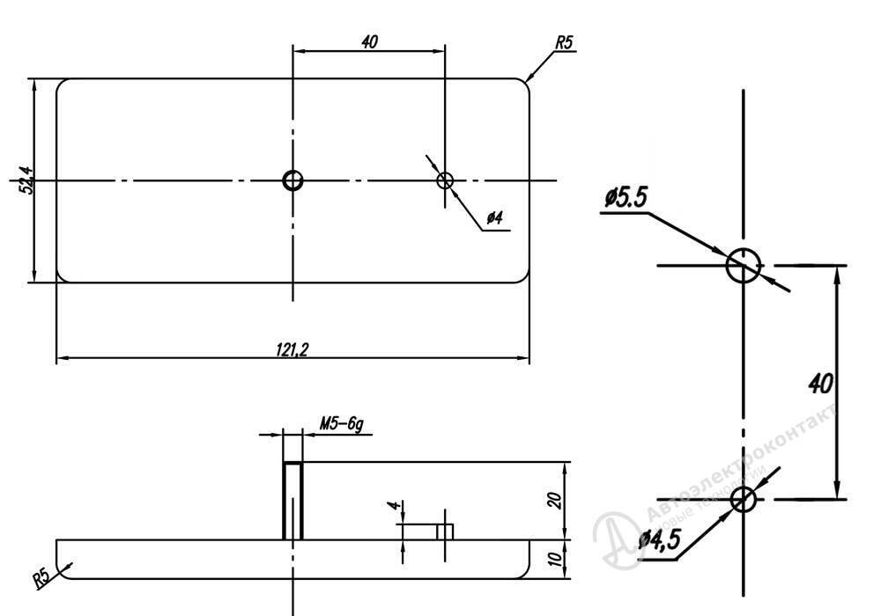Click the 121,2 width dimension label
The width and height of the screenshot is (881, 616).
[x=292, y=349]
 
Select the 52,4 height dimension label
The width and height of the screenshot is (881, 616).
[x=26, y=181]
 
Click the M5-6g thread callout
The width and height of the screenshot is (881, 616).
[x=341, y=424]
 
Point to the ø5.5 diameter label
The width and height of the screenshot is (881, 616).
[x=626, y=198]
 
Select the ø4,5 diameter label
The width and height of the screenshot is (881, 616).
[x=659, y=538]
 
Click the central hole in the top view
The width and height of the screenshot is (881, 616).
[x=292, y=180]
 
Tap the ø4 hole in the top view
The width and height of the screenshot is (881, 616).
[x=445, y=180]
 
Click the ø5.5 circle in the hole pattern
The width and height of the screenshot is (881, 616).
[x=743, y=265]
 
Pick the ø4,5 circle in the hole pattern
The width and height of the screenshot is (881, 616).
[x=743, y=499]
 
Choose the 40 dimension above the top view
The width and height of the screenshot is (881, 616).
[x=369, y=41]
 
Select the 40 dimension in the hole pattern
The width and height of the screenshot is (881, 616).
[x=820, y=384]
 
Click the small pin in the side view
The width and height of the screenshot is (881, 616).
[x=445, y=531]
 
